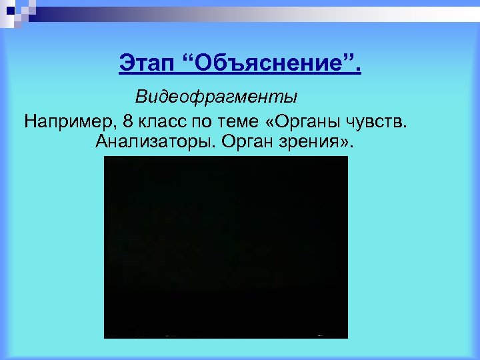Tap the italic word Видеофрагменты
pos(217,97)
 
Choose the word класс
pos(164,122)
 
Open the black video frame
pos(226,247)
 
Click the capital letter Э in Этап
pos(126,65)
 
